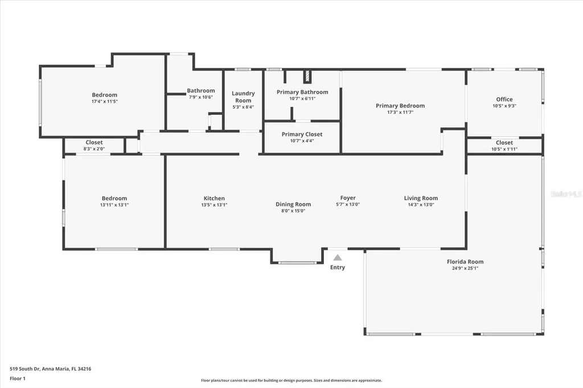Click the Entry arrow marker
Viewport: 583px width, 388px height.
[338, 258]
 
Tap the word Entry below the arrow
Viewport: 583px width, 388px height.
[338, 267]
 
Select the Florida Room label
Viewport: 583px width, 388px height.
[465, 262]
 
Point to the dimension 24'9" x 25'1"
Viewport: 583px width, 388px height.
[465, 268]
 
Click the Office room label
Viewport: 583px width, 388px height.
[504, 100]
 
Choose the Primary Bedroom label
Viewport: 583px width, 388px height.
[400, 106]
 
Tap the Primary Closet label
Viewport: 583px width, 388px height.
[302, 134]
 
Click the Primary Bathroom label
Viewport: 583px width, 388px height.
[302, 92]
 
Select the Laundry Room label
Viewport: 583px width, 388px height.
[243, 97]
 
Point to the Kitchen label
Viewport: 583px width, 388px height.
[214, 199]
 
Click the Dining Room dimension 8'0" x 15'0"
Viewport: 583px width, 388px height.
[293, 210]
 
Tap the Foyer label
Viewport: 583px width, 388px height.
[348, 198]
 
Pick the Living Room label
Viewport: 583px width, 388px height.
[421, 198]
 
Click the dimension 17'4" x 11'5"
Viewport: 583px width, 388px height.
[105, 101]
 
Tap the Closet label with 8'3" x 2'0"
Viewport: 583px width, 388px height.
[94, 142]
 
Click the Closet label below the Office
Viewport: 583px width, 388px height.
[504, 143]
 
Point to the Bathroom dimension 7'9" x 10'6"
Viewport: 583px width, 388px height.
[201, 97]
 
